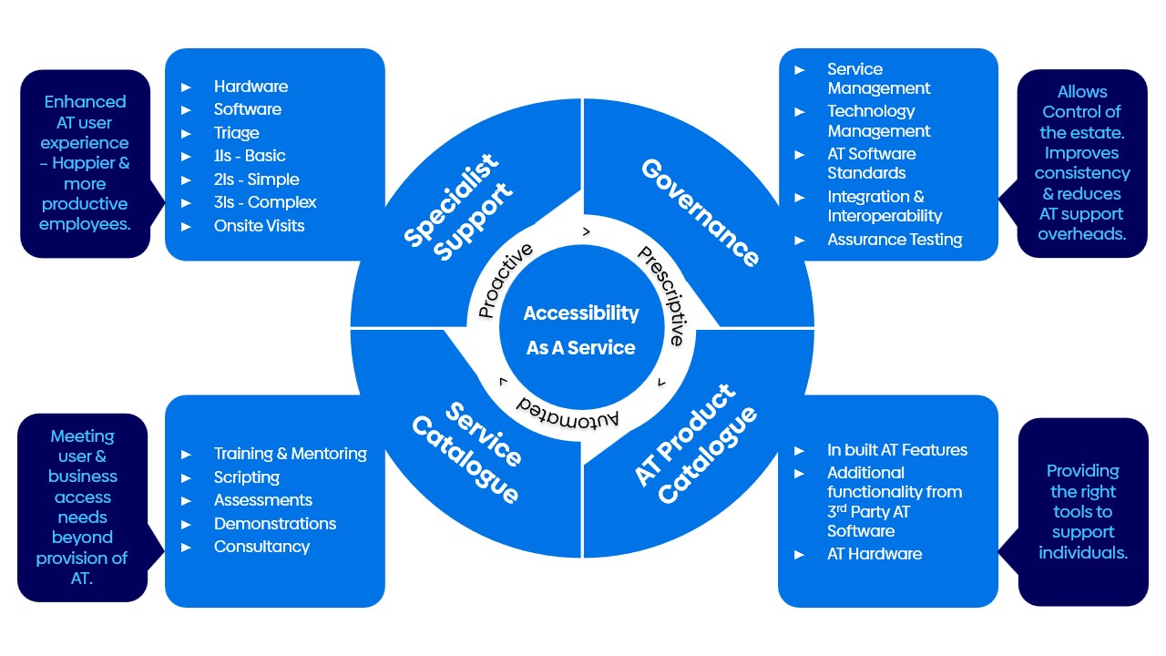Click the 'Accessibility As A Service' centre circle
581,330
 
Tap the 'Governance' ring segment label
700,212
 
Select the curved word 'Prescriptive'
661,294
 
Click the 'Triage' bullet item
237,133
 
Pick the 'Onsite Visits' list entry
259,226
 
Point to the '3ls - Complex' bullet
265,202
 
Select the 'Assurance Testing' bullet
895,240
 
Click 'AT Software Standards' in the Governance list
871,163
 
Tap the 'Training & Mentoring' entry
290,454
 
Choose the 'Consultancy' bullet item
261,547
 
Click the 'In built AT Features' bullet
896,450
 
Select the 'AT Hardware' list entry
874,554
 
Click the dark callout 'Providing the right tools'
1082,512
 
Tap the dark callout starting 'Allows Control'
1082,163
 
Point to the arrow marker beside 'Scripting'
186,477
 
